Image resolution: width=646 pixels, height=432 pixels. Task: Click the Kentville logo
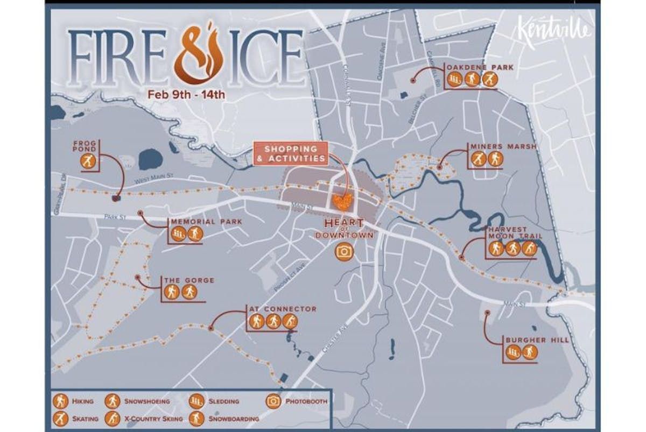point(554,32)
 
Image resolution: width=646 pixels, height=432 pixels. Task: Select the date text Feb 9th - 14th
point(187,95)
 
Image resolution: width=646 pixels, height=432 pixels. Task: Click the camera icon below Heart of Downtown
point(344,251)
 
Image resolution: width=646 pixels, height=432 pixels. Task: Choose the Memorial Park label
point(206,222)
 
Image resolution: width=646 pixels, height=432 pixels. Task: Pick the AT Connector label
point(283,309)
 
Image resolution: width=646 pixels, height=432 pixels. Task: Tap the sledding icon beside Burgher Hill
point(514,352)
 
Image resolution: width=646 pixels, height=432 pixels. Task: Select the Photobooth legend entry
point(297,401)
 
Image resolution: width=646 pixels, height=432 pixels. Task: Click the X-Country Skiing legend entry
point(145,419)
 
